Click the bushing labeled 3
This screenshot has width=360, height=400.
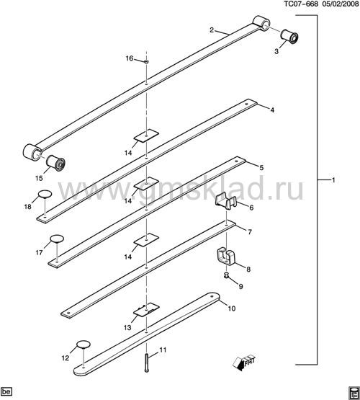(289, 37)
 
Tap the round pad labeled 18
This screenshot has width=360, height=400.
(45, 194)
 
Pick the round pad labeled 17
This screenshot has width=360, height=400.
(57, 239)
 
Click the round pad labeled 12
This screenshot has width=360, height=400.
(84, 344)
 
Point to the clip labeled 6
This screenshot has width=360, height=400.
(226, 201)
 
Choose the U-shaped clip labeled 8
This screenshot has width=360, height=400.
(226, 257)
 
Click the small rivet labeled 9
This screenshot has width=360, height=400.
(226, 275)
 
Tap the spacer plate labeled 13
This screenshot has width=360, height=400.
(146, 310)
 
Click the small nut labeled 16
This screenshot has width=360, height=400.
(146, 61)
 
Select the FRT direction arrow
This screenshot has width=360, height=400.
(243, 362)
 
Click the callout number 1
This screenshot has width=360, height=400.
(333, 180)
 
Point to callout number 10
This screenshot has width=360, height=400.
(232, 308)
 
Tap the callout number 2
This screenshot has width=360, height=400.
(212, 30)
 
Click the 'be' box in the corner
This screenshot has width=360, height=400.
(6, 391)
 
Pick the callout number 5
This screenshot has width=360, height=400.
(261, 168)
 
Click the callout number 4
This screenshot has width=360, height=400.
(272, 110)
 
